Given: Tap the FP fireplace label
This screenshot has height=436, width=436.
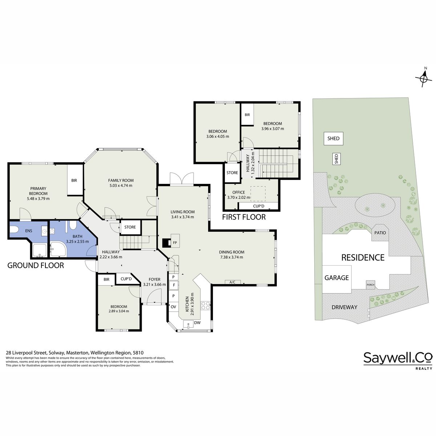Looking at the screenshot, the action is [175, 243].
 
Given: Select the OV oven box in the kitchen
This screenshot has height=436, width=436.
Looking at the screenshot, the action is [173, 307].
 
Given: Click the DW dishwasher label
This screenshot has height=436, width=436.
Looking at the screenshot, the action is [197, 323].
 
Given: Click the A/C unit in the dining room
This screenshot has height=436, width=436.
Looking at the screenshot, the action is [233, 282].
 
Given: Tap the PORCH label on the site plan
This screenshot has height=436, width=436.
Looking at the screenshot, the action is [370, 285].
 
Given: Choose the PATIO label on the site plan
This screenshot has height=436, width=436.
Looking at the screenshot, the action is [380, 233].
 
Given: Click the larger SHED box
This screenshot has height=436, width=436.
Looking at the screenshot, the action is [333, 138].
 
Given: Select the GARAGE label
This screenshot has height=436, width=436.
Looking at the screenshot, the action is [337, 278].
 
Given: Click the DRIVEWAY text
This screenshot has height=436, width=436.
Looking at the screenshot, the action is [344, 307].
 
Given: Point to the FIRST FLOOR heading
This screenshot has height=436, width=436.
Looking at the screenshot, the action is [244, 217].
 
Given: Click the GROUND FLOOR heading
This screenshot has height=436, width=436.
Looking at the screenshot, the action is [36, 265].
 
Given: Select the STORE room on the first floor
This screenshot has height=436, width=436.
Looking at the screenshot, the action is [232, 173].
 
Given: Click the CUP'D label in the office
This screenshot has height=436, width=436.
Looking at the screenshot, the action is [259, 206].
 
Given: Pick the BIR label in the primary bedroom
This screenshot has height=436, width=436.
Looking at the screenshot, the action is [74, 180].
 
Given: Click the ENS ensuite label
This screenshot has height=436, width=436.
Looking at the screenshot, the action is [29, 231].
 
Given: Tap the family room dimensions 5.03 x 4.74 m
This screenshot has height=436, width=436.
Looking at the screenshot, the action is [121, 186].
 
